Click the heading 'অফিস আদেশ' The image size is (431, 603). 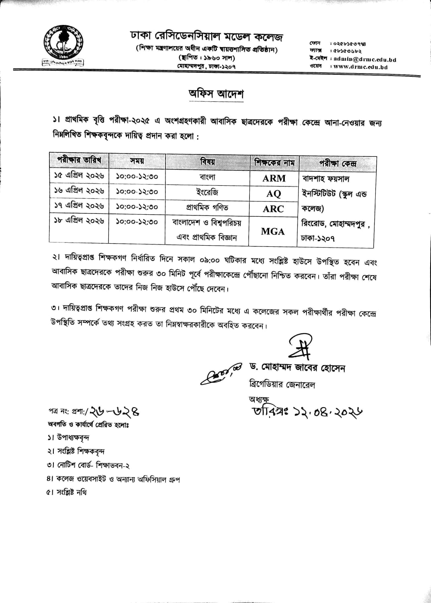tap(216, 94)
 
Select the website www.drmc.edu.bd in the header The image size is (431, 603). tap(360, 67)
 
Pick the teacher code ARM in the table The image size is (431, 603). tap(274, 178)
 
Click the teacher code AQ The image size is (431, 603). tap(274, 193)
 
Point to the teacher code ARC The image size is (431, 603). tap(274, 209)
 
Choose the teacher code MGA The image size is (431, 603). tap(273, 231)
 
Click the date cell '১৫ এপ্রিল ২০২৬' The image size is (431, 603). tap(79, 176)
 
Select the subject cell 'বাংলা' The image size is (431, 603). tap(208, 176)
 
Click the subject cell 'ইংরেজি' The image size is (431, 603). tap(208, 192)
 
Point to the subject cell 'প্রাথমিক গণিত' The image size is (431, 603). tap(207, 207)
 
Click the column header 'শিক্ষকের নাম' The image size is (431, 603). tap(274, 163)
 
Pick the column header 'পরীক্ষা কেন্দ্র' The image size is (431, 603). tap(338, 164)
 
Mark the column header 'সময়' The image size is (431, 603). tap(137, 161)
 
